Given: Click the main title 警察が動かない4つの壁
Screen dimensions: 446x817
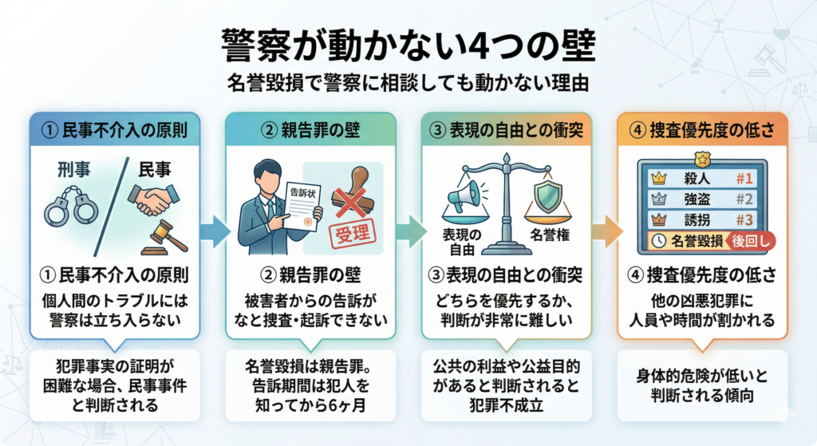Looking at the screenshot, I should click(408, 46).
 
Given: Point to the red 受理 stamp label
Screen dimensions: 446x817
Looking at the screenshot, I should click(350, 236).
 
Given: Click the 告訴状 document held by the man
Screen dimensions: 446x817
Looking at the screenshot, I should click(297, 203).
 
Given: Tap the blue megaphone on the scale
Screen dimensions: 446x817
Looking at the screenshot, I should click(467, 195).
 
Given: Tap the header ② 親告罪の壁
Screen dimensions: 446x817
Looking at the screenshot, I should click(310, 129).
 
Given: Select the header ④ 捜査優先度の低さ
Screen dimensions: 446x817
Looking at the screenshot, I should click(702, 129).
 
